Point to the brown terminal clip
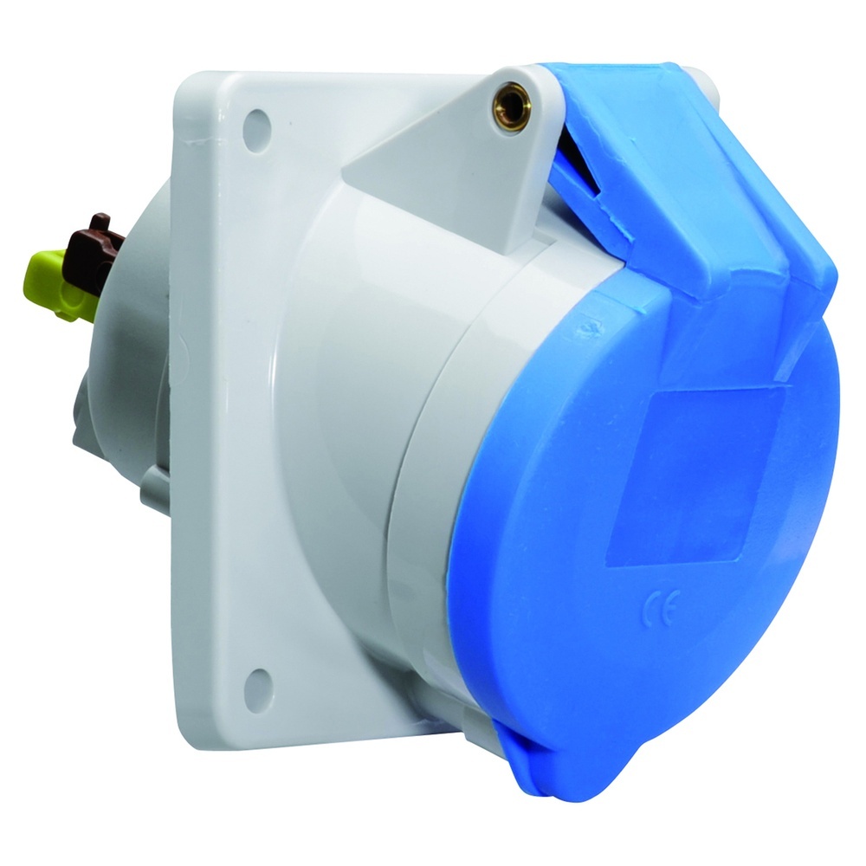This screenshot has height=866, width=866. tap(94, 249)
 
